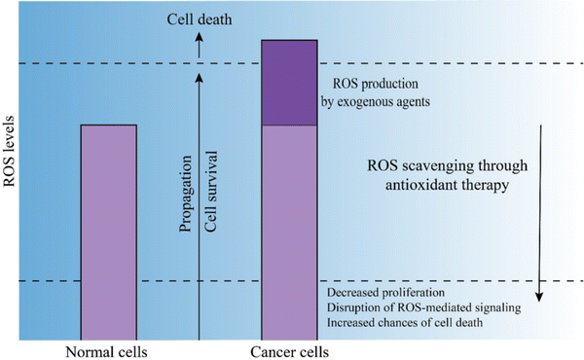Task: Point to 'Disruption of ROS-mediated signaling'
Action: (x=424, y=307)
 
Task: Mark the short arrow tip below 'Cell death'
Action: (x=200, y=35)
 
